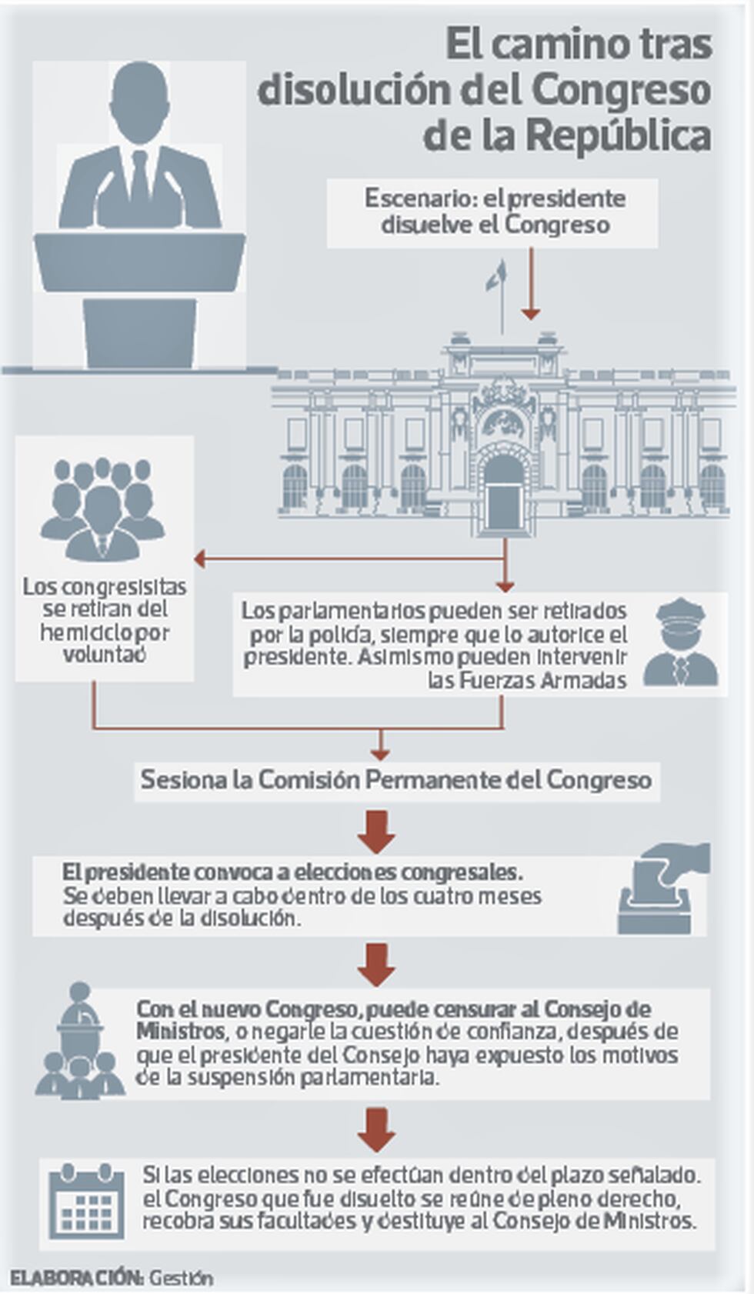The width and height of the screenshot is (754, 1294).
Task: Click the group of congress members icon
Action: (103, 509)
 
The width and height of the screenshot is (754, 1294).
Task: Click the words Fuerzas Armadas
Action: (527, 681)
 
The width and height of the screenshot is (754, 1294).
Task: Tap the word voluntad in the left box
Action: (104, 655)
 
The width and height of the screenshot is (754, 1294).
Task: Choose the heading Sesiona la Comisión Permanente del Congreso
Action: (396, 779)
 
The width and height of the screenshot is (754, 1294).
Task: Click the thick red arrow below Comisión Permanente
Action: (377, 832)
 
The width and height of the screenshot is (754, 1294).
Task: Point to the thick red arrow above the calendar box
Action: (377, 1129)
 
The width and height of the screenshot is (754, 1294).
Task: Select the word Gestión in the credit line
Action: (181, 1278)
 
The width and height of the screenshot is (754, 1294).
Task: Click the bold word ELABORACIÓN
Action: (76, 1278)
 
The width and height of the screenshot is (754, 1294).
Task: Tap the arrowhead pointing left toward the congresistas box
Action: (199, 559)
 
